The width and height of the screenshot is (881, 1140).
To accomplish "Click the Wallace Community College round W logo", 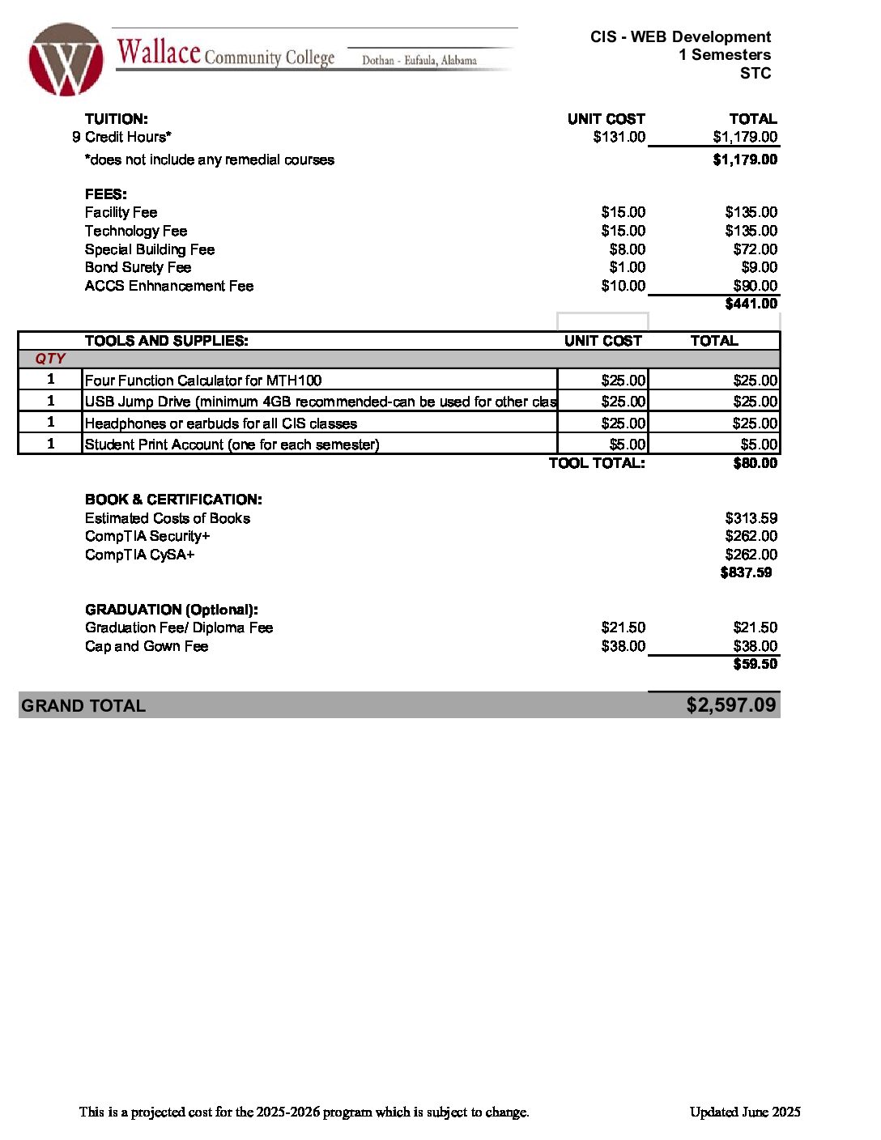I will [66, 60].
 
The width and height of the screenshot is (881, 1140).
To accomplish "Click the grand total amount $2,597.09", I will [730, 705].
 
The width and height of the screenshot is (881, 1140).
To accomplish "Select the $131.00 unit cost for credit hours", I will [619, 137].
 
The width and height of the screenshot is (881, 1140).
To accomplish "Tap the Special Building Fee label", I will [150, 249].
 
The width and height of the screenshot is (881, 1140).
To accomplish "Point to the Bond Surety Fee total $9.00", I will [759, 267].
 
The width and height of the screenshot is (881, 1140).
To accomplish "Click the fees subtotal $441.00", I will [751, 304].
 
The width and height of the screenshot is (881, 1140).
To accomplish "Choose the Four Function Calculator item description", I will [203, 381].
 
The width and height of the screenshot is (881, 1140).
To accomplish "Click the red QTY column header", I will [50, 359].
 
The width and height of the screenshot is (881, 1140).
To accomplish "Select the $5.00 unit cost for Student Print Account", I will [628, 445].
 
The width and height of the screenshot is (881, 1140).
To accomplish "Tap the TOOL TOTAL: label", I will [597, 463].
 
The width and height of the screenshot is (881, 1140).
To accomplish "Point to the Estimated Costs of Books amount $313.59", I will [751, 518].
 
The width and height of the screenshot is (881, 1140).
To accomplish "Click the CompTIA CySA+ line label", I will [140, 555].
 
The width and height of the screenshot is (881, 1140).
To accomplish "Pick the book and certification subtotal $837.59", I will [746, 572].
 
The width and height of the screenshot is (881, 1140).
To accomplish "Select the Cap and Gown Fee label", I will [147, 646].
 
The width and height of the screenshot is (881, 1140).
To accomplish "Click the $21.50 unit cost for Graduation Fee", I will [623, 627].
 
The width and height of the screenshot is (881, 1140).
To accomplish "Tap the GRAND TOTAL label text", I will [83, 706].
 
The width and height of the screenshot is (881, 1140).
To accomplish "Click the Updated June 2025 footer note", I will [745, 1112].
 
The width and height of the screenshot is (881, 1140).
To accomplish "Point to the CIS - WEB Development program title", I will [680, 36].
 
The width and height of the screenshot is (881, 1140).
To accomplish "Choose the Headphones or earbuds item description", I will [220, 423].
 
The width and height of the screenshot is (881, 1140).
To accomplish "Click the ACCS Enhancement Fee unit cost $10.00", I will [623, 286].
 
